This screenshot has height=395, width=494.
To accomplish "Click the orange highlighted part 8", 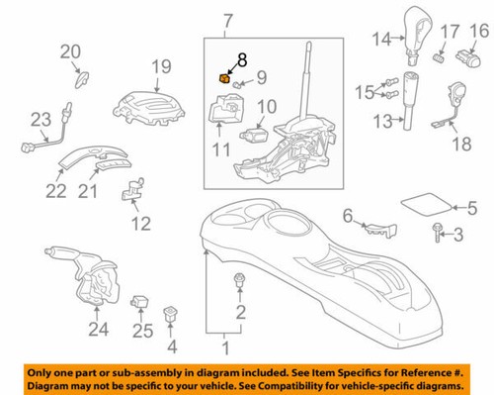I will [223, 77].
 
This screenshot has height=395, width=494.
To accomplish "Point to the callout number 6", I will [347, 214].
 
